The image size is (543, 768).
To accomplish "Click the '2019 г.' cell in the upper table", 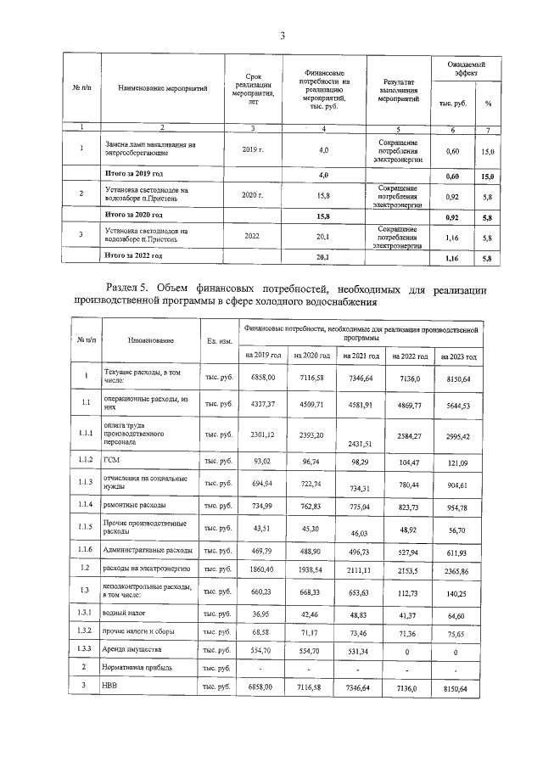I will pyautogui.click(x=253, y=150).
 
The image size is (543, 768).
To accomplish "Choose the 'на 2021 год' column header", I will pyautogui.click(x=360, y=356).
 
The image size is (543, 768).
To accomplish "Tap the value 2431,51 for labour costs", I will pyautogui.click(x=360, y=444).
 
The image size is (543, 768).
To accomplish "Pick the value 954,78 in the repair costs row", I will pyautogui.click(x=459, y=506).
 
